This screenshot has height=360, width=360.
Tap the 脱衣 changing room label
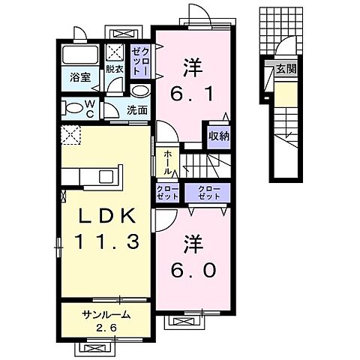click(x=114, y=69)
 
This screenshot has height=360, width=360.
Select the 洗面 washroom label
click(x=136, y=109)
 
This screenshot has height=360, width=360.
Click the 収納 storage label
click(x=219, y=136)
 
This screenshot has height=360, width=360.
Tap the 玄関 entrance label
click(x=284, y=70)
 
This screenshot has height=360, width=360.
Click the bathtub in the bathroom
click(x=80, y=55)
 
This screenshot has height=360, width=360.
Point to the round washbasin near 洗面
click(x=139, y=91)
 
